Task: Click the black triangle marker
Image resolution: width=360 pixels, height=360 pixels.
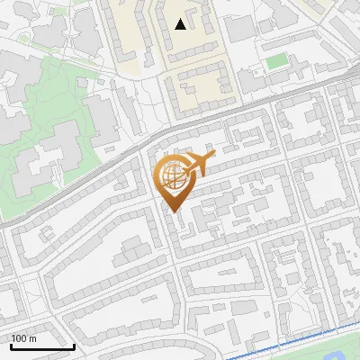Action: pyautogui.click(x=181, y=24)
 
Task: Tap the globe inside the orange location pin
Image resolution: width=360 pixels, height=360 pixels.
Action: pyautogui.click(x=171, y=176)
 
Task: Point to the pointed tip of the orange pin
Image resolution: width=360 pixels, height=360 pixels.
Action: pyautogui.click(x=175, y=211)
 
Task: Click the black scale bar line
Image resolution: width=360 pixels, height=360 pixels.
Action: pyautogui.click(x=42, y=346)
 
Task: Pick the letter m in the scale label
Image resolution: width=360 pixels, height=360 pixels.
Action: pyautogui.click(x=32, y=338)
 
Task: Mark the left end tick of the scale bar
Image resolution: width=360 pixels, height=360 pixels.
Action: pyautogui.click(x=11, y=345)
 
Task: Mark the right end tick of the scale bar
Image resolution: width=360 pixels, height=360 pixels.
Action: pyautogui.click(x=74, y=345)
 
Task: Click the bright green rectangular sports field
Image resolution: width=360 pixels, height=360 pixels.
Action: pyautogui.click(x=276, y=62)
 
